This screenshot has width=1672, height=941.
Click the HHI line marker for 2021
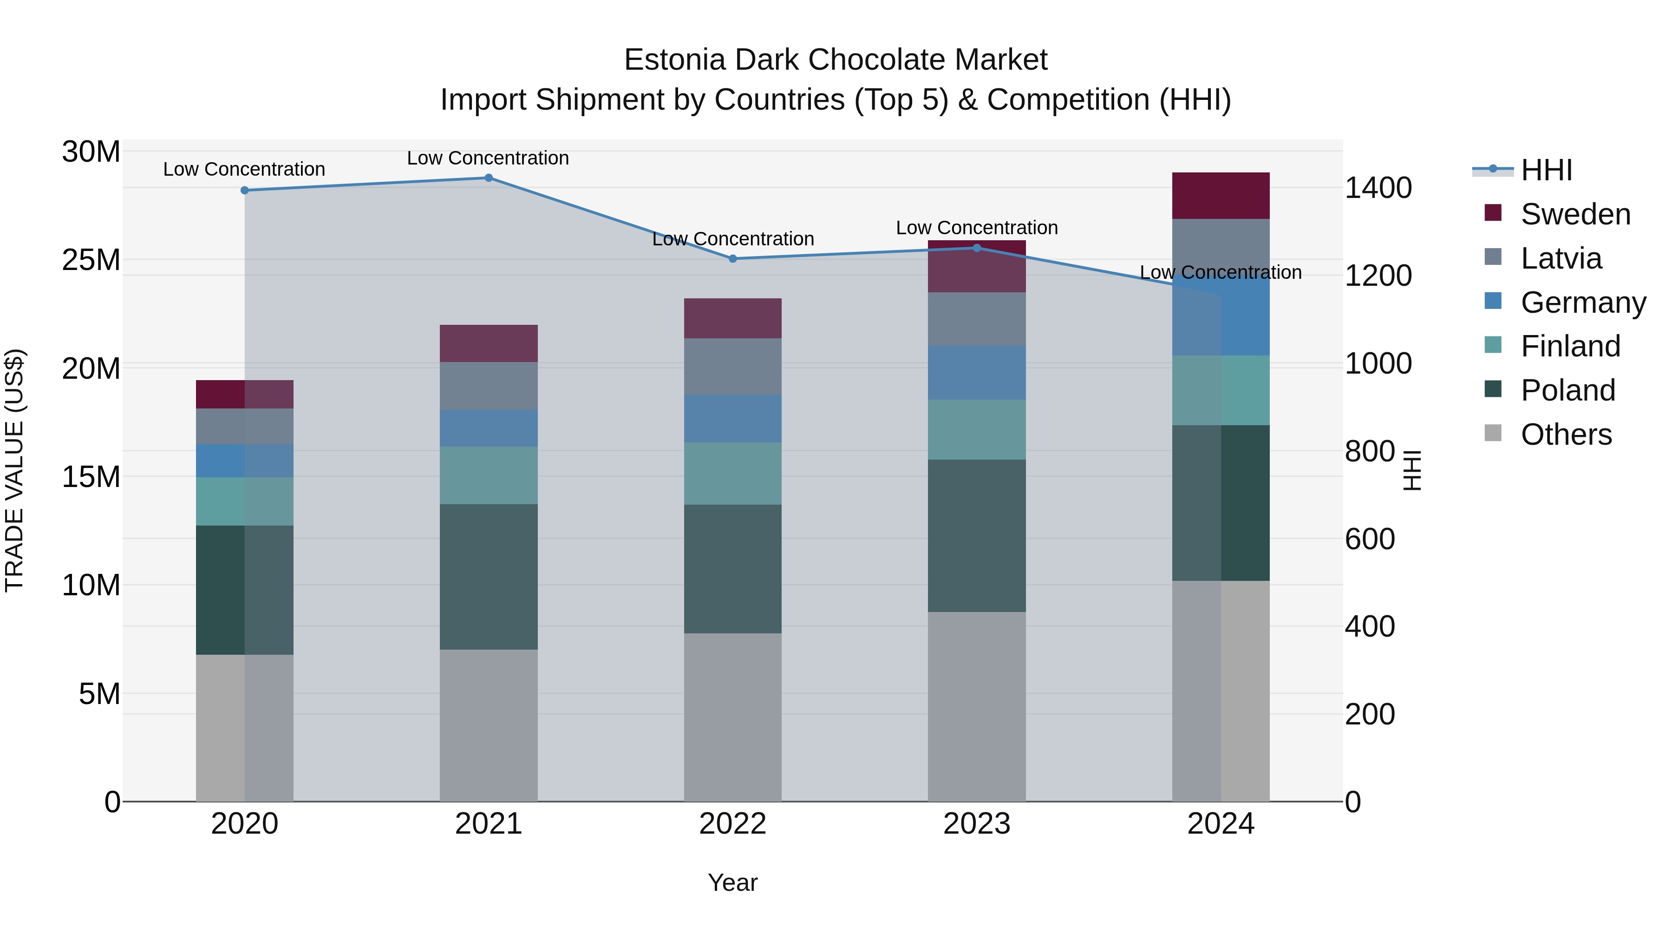(489, 178)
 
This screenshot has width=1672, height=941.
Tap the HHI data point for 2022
(733, 258)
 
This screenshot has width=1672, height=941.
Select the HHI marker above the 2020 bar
(245, 190)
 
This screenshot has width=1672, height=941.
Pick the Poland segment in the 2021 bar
(489, 577)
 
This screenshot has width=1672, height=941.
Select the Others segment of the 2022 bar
(733, 717)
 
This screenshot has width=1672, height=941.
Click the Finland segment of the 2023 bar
(977, 429)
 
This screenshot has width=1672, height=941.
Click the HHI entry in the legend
(1546, 170)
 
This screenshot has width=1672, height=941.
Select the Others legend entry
(1566, 434)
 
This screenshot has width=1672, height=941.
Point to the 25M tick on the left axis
(91, 260)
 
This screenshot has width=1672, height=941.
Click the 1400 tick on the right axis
(1378, 188)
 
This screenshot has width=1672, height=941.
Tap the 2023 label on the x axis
(977, 824)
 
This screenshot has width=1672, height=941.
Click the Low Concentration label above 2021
(488, 158)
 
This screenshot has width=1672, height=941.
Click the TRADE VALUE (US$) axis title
(15, 470)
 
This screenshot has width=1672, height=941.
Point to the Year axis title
(733, 882)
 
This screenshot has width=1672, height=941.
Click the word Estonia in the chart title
(674, 60)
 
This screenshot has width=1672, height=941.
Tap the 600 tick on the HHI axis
(1370, 539)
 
